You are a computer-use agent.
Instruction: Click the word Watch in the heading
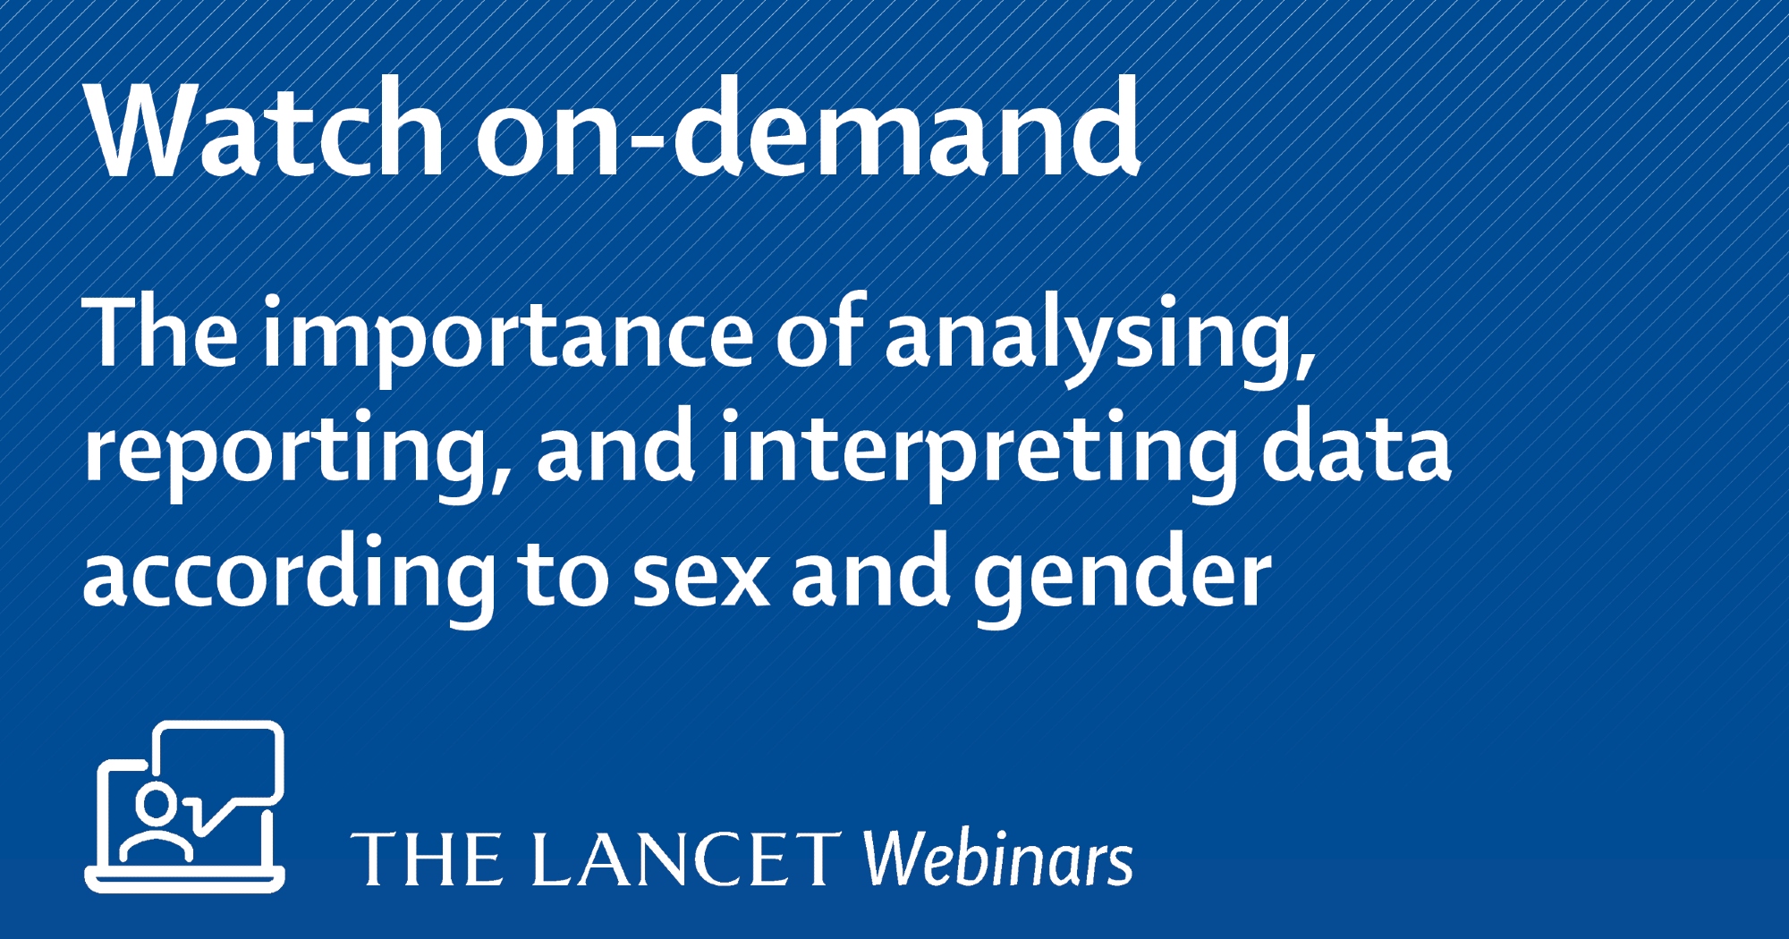(264, 127)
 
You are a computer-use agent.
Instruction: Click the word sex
(700, 578)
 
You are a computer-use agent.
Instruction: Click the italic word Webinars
(997, 857)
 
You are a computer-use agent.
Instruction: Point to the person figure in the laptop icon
(157, 824)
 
